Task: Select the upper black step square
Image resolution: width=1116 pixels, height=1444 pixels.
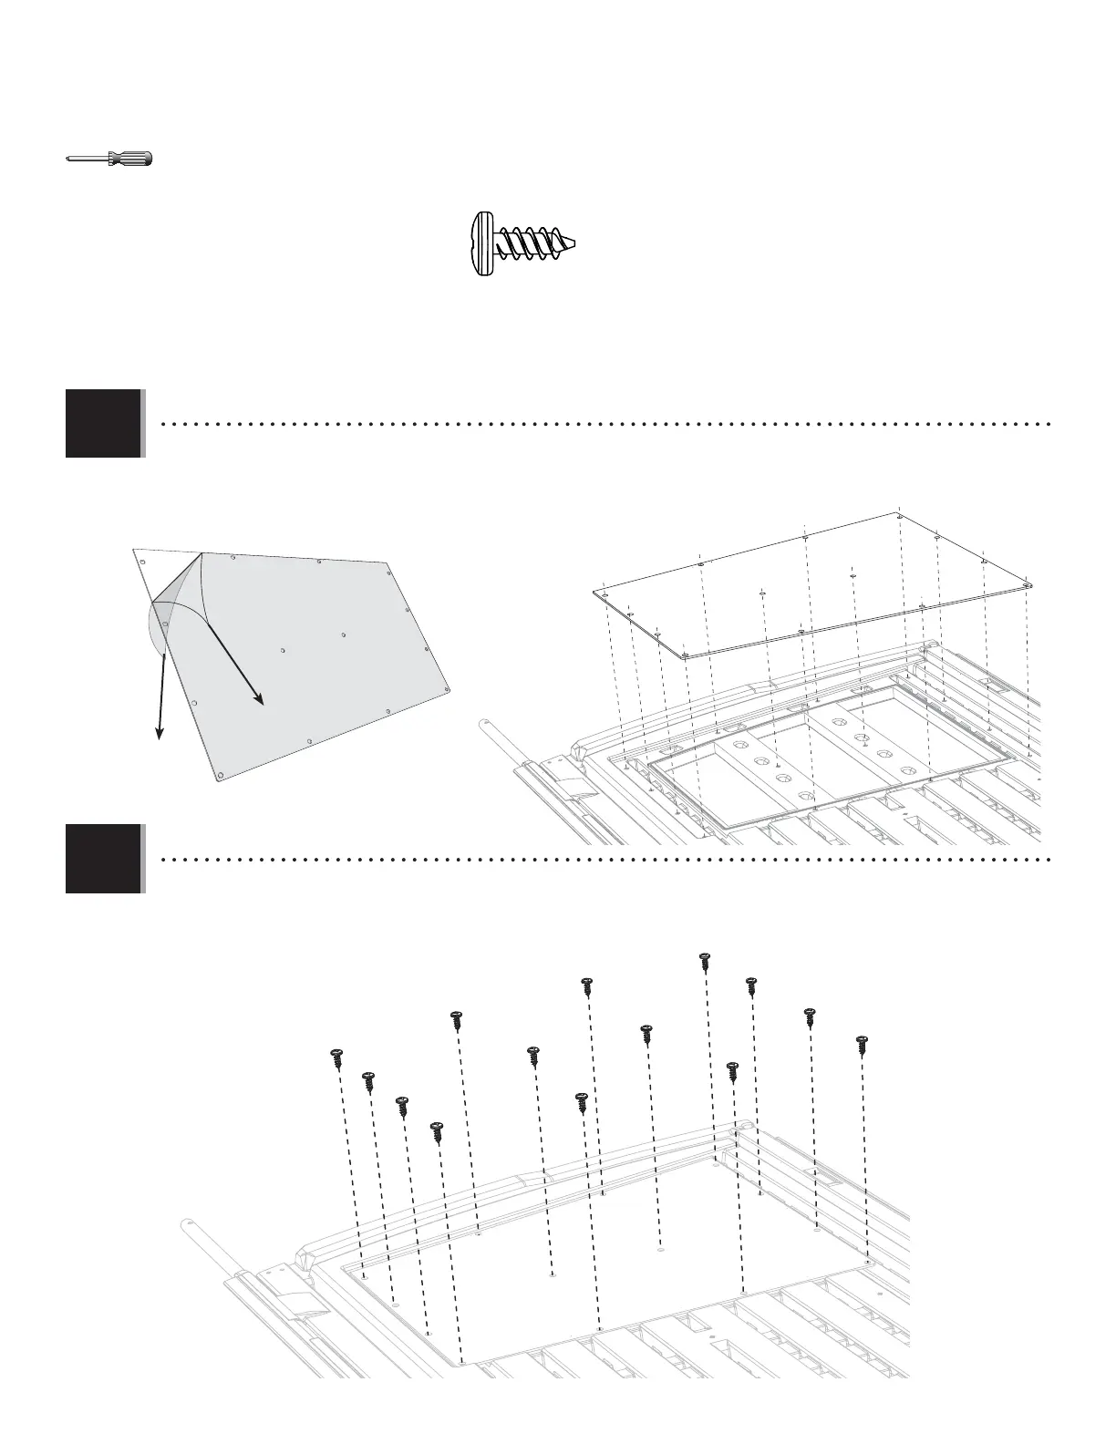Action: click(x=104, y=423)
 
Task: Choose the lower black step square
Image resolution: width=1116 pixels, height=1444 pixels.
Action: click(x=104, y=858)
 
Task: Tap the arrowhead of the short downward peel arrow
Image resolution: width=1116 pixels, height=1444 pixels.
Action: click(x=160, y=733)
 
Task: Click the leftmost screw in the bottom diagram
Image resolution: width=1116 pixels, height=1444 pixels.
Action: click(x=336, y=1058)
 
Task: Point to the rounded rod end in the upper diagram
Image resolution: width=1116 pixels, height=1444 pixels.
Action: click(x=486, y=726)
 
